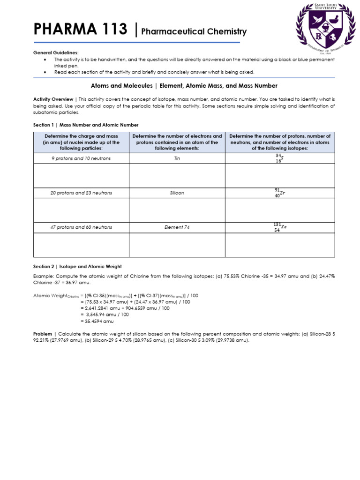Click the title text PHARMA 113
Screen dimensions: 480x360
pyautogui.click(x=80, y=30)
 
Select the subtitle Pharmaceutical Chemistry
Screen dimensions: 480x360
pyautogui.click(x=194, y=32)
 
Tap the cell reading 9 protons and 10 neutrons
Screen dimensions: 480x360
pyautogui.click(x=81, y=158)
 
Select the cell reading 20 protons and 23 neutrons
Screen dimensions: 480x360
pyautogui.click(x=81, y=193)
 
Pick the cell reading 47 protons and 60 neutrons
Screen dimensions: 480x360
pyautogui.click(x=81, y=227)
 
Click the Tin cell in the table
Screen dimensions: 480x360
pyautogui.click(x=177, y=158)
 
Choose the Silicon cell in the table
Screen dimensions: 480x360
pyautogui.click(x=177, y=193)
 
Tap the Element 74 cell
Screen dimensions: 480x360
pyautogui.click(x=177, y=227)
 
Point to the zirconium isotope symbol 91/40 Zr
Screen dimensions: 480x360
pyautogui.click(x=279, y=193)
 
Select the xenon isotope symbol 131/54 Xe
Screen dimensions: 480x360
pyautogui.click(x=279, y=227)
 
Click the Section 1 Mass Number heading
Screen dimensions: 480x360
pyautogui.click(x=86, y=125)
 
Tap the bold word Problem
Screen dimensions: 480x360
pyautogui.click(x=43, y=334)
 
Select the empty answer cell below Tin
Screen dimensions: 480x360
pyautogui.click(x=177, y=176)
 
